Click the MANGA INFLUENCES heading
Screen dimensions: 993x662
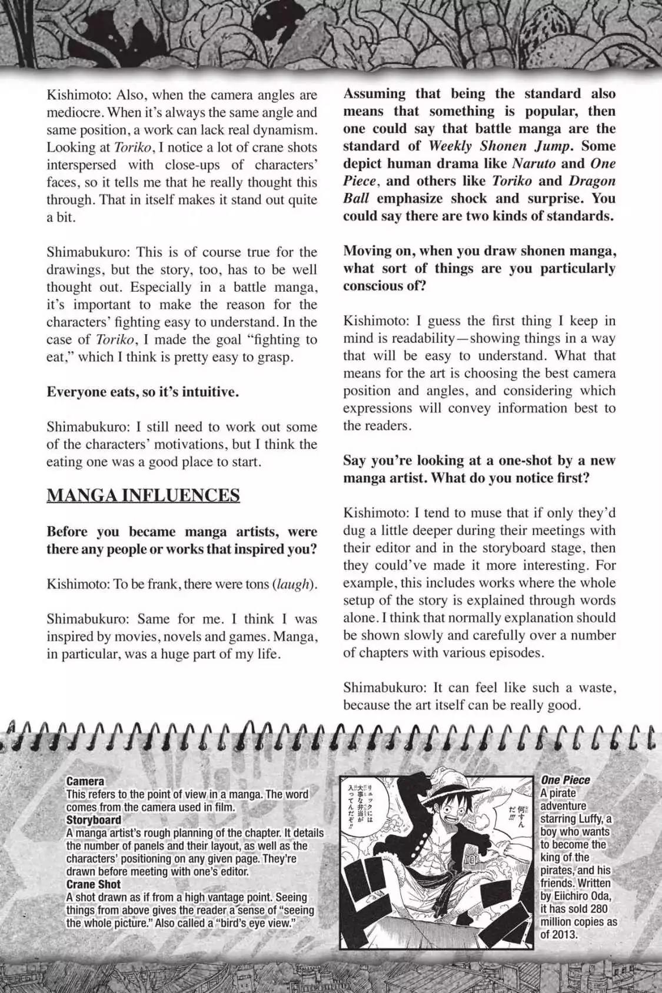point(143,495)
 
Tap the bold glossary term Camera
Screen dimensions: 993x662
point(85,781)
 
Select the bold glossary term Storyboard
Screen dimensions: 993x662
point(94,820)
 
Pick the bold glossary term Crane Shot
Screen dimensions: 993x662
point(94,884)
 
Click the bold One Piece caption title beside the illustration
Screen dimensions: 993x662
point(565,780)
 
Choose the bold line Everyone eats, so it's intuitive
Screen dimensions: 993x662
point(143,392)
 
